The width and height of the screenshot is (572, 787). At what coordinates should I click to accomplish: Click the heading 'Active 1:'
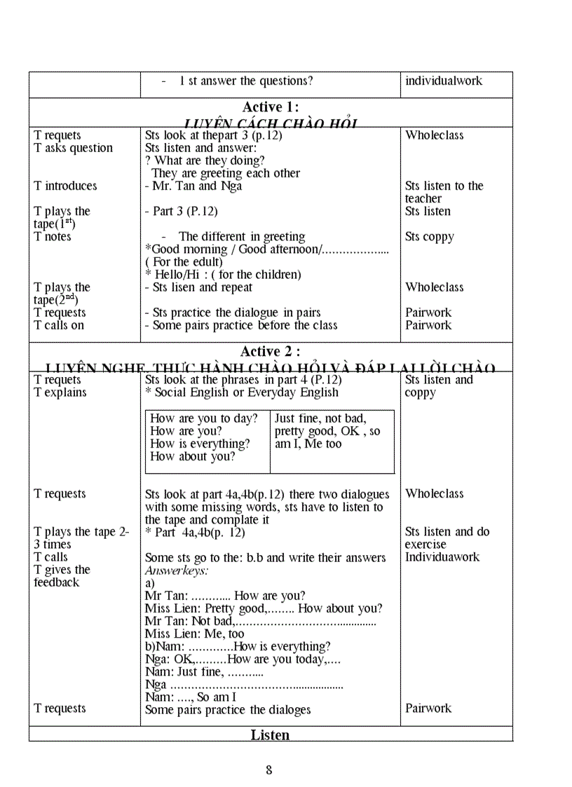coord(271,107)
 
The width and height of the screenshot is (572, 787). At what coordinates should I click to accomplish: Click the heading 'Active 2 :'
coord(271,352)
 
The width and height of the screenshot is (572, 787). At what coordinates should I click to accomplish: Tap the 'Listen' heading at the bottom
coord(270,735)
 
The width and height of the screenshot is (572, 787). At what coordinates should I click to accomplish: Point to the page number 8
coord(269,770)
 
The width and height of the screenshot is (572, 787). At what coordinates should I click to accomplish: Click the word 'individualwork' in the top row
coord(444,81)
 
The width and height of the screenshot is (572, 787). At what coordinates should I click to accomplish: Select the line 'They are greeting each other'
coord(226,173)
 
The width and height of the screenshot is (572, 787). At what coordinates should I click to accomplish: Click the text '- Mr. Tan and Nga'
coord(193,186)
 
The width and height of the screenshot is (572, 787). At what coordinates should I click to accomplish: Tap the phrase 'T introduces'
coord(65,186)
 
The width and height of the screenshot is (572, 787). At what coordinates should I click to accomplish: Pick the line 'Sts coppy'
coord(430,237)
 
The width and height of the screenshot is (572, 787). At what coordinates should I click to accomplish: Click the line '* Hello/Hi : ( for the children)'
coord(223,275)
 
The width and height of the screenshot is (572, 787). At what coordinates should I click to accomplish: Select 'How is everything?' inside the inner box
coord(200,444)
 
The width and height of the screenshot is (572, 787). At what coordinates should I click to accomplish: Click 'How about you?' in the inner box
coord(193,456)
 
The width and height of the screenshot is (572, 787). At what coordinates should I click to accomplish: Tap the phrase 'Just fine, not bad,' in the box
coord(320,418)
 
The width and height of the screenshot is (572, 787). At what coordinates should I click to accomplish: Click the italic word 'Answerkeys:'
coord(177,570)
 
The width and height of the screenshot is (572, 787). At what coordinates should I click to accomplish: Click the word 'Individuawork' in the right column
coord(442,557)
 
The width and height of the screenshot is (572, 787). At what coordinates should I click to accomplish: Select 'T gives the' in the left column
coord(62,570)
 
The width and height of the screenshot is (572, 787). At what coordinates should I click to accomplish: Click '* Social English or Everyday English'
coord(242,392)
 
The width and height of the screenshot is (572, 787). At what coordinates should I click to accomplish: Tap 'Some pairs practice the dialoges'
coord(228,710)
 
